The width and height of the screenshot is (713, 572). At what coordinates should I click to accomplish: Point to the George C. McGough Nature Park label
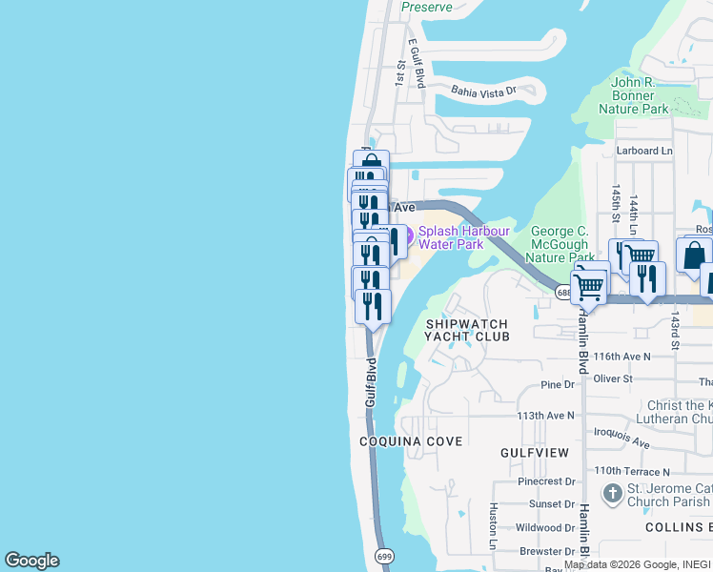point(562,244)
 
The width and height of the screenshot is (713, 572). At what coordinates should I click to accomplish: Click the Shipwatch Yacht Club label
point(467,330)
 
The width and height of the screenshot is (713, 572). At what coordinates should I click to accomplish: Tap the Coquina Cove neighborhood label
point(411,441)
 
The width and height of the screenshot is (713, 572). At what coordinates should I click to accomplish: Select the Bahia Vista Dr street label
point(483,92)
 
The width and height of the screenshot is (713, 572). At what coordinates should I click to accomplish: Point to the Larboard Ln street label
point(644,151)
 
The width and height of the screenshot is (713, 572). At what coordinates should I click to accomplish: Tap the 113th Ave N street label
point(546,416)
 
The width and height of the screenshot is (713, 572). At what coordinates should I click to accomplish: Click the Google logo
point(31,561)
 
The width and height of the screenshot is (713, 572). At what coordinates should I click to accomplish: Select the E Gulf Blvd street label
point(416,64)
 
